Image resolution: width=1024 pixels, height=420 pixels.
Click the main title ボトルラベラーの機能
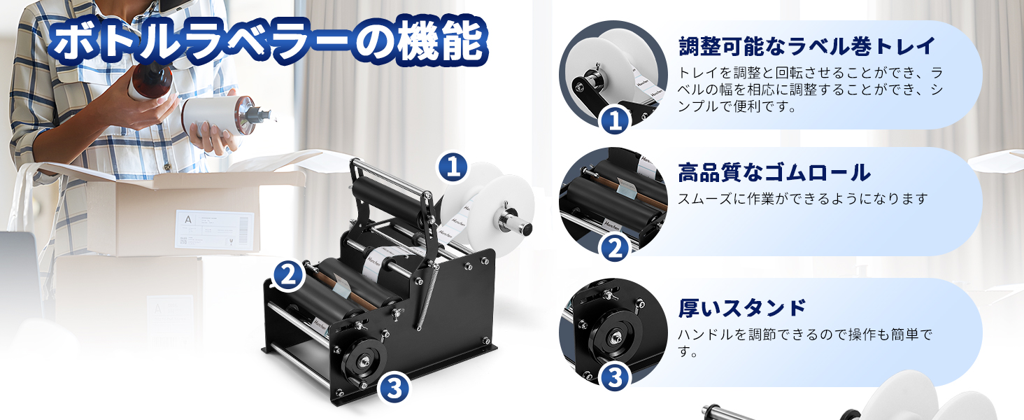pos(268,42)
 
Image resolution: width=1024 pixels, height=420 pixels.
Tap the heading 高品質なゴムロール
pos(774,172)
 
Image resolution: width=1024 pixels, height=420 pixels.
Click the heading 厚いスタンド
pos(742,307)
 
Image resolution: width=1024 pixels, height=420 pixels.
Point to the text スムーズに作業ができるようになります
pos(802,199)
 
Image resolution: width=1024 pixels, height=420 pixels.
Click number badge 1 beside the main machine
pos(453,167)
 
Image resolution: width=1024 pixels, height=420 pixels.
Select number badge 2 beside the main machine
pos(287,275)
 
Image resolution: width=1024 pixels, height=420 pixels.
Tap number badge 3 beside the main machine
pos(394,388)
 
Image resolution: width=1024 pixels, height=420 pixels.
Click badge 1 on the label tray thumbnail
pos(616,121)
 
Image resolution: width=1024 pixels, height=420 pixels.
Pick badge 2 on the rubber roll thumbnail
pos(616,248)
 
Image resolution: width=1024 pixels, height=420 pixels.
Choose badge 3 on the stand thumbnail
pos(616,377)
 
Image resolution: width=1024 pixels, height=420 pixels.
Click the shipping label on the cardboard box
pos(214,228)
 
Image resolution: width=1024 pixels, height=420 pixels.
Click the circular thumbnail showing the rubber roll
pos(613,200)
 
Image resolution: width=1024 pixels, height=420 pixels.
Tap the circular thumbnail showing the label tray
pos(613,73)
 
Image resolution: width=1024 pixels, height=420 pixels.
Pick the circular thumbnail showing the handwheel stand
pos(613,332)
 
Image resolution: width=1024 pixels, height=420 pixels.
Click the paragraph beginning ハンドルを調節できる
pos(804,342)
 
